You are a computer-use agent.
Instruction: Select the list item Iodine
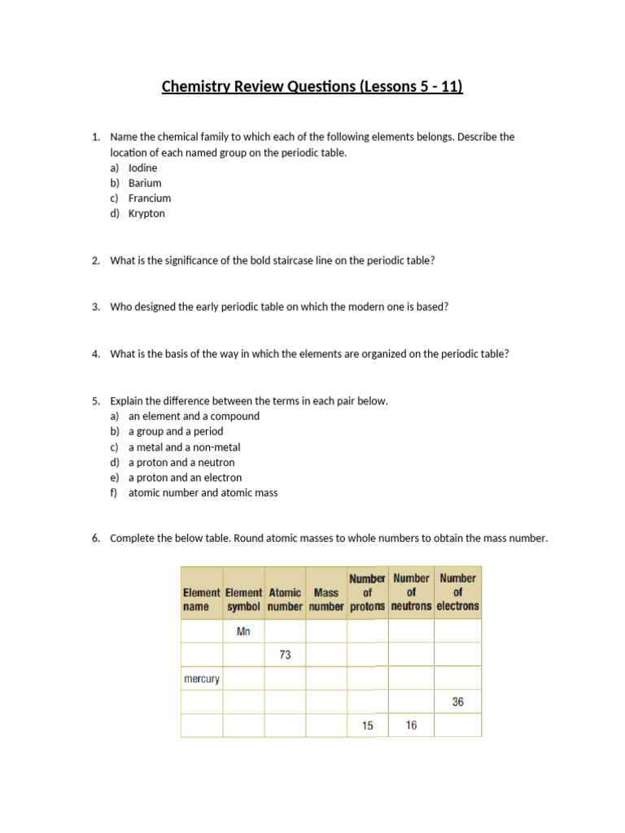click(142, 168)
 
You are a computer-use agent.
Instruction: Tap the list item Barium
click(145, 183)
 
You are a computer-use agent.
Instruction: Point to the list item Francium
click(150, 198)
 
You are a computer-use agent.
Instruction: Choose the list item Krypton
click(146, 214)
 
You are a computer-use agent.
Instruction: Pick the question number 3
click(95, 307)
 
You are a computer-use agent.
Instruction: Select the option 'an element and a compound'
click(194, 416)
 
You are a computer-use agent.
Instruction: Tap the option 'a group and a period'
click(175, 432)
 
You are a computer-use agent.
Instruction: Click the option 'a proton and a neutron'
click(181, 463)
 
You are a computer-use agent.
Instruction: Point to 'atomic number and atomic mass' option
click(203, 493)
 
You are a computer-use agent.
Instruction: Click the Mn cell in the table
click(243, 631)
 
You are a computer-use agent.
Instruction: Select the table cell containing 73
click(285, 655)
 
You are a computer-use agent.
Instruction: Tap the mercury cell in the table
click(201, 678)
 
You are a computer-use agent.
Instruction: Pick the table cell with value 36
click(457, 702)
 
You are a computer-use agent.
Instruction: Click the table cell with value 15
click(368, 726)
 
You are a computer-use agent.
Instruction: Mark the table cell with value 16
click(411, 726)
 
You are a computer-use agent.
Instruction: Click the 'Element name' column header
click(201, 600)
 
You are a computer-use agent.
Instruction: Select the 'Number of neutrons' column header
click(411, 592)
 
